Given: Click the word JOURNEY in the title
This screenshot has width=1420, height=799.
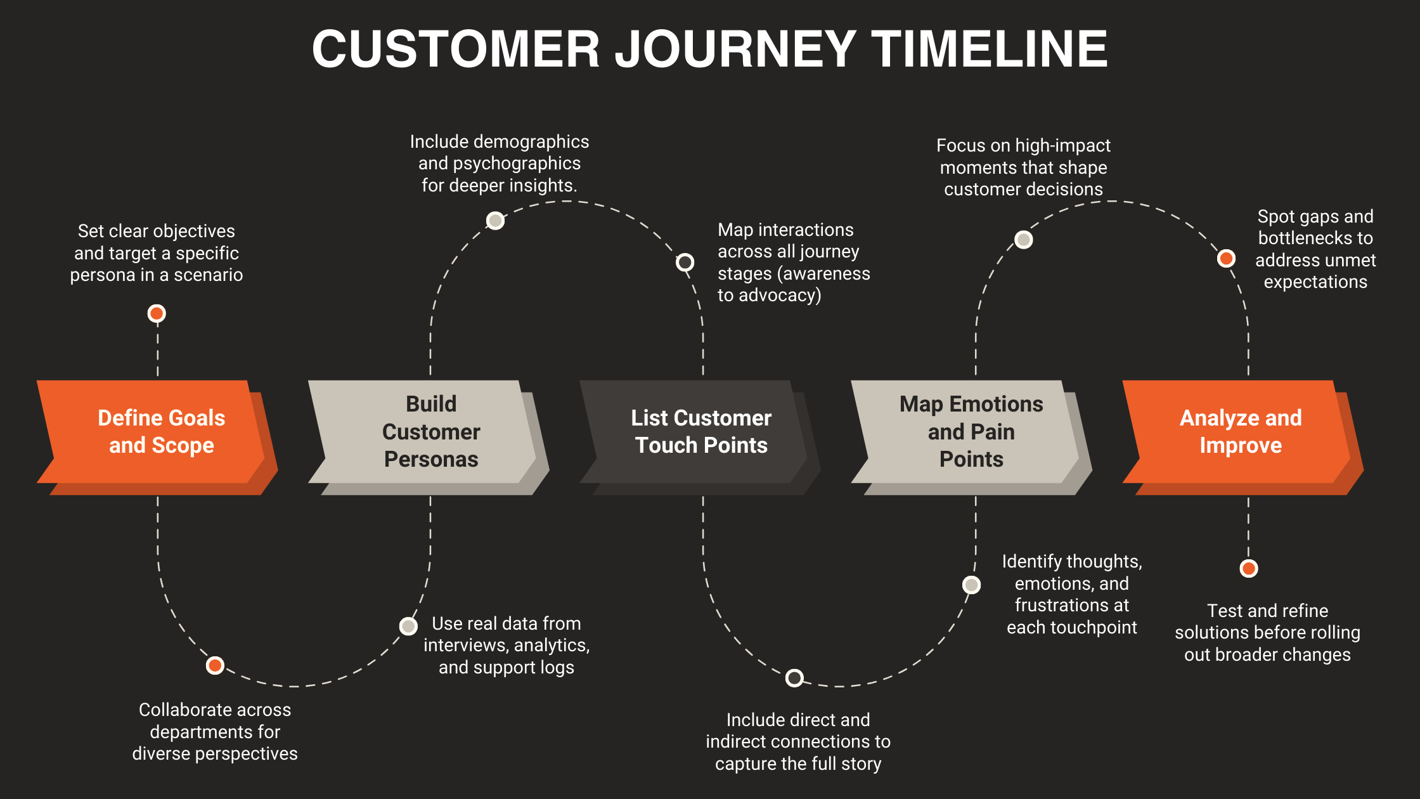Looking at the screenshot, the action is tap(736, 49).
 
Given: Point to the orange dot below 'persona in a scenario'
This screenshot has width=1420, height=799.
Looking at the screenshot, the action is tap(157, 313).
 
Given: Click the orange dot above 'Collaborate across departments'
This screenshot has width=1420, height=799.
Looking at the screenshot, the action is tap(215, 665).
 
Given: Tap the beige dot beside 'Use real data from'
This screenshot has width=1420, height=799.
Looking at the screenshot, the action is tap(408, 626).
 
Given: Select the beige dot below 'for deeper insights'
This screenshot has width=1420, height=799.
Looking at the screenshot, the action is tap(495, 220).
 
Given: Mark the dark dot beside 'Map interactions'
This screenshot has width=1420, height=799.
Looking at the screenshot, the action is tap(685, 262).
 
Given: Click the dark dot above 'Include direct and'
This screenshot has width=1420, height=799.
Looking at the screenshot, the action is tap(794, 678).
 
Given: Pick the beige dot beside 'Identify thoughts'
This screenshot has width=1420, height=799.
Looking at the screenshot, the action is tap(971, 585).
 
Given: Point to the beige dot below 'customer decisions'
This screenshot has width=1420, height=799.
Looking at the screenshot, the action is tap(1024, 239).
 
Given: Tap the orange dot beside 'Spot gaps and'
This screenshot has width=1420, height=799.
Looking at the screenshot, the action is tap(1226, 258).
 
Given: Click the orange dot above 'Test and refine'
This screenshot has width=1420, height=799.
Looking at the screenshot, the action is tap(1249, 568).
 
